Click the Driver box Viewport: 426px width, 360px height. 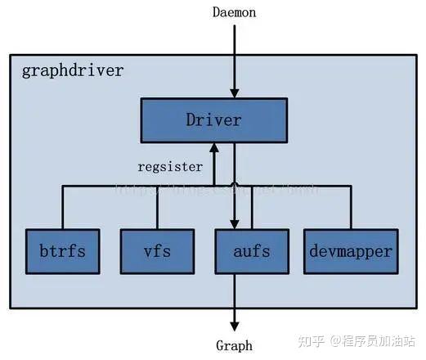(x=213, y=121)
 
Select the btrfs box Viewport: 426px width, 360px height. (x=62, y=250)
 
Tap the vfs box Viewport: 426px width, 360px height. (x=158, y=250)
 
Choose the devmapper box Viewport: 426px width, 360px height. (x=350, y=250)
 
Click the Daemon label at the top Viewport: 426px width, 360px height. (x=235, y=12)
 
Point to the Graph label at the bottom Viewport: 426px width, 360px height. (x=234, y=345)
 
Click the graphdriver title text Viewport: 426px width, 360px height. (x=73, y=70)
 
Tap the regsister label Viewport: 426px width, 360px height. (x=170, y=167)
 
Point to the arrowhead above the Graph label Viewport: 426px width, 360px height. (x=235, y=325)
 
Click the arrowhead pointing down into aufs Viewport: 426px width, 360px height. (x=235, y=223)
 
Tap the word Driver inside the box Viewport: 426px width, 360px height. (x=213, y=121)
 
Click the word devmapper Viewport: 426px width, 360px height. (x=350, y=250)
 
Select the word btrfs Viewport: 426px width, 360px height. (x=62, y=250)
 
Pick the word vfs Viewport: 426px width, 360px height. (x=158, y=250)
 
